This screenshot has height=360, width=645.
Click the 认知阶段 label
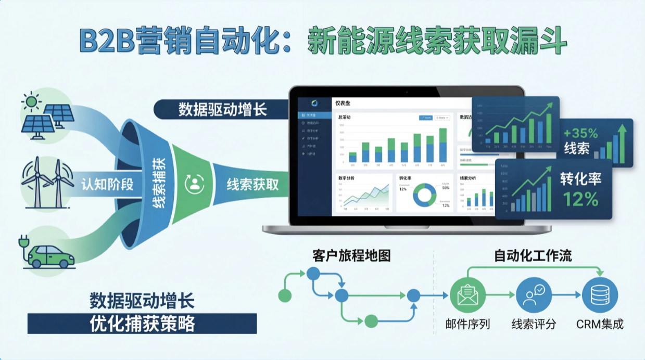[x=107, y=184]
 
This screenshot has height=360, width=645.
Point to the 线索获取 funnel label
[x=252, y=184]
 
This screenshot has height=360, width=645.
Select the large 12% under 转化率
[x=579, y=198]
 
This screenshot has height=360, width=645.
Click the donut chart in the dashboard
[x=424, y=194]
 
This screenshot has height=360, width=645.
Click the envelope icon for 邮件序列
[x=467, y=295]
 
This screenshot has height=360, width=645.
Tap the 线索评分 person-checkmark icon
[x=533, y=294]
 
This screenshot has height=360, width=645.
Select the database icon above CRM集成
[x=599, y=294]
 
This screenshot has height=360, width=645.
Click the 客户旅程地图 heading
[x=351, y=256]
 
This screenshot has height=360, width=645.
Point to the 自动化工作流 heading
[x=533, y=256]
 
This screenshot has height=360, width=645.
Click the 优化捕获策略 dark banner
[x=142, y=324]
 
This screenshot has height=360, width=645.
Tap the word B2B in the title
[x=107, y=42]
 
